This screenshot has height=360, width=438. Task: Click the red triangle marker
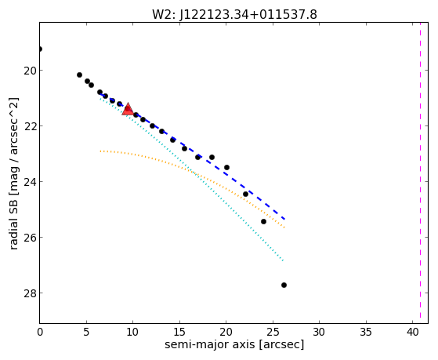coord(128,109)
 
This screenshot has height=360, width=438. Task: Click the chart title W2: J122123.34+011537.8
coord(234,15)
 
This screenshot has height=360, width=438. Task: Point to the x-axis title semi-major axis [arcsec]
coord(234,344)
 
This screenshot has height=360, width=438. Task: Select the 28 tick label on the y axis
coord(31,293)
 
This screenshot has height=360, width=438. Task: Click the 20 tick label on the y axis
coord(31,71)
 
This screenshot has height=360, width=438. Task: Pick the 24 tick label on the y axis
coord(31,182)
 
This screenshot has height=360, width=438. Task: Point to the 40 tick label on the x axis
coord(412,332)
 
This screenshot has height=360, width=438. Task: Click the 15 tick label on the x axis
coord(179,332)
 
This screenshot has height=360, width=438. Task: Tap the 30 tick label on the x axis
coord(319,332)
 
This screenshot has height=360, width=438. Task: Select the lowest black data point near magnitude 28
coord(284,285)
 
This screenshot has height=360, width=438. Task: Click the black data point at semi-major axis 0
coord(40,49)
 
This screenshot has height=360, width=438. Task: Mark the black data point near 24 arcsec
coord(263,221)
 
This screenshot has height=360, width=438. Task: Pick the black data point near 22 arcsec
coord(245,195)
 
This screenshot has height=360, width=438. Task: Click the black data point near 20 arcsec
coord(226,167)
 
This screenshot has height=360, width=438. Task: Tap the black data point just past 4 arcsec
coord(79,75)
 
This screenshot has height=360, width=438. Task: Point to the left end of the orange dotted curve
coord(100,151)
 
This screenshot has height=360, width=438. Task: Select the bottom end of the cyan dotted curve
coord(283,260)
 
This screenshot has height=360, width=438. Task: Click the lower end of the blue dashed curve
coord(284,219)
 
